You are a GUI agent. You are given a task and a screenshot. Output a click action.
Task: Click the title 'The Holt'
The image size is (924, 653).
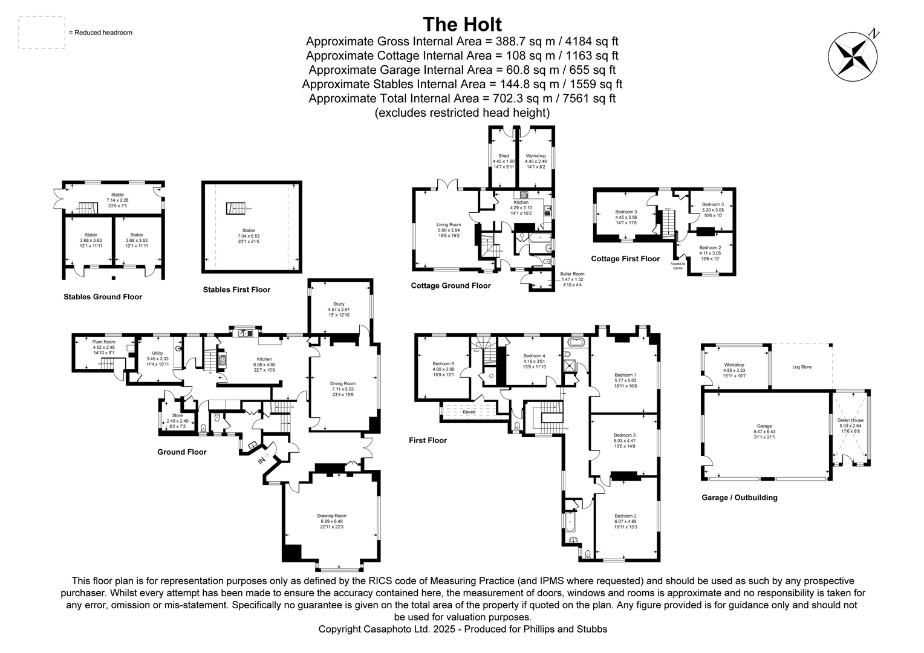point(462,24)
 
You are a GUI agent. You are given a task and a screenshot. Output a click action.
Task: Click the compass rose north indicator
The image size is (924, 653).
point(853,55)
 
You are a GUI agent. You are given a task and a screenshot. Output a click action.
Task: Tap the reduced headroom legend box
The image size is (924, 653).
point(42,33)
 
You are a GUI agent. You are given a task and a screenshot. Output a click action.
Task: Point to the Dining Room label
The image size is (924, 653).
point(342,383)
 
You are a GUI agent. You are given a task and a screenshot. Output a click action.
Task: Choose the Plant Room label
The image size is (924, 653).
point(103,342)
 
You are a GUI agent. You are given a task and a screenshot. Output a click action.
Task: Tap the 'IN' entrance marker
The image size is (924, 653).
point(262,461)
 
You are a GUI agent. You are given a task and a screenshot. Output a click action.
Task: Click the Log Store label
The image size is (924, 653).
point(802,367)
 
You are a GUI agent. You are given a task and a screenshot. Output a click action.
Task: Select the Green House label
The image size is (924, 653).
point(850,420)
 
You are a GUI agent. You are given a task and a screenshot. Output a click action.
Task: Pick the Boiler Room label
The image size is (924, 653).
point(571,274)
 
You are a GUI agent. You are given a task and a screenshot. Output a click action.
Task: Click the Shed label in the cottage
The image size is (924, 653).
point(503,156)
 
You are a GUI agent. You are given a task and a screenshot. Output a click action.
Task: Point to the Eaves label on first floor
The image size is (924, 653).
point(468,412)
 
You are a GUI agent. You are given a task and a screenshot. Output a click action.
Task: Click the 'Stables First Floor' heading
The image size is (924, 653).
point(236,290)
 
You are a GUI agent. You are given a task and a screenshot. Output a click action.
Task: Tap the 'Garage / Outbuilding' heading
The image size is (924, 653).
point(739,498)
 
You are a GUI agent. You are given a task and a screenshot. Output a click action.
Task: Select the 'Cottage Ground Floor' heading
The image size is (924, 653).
point(451,285)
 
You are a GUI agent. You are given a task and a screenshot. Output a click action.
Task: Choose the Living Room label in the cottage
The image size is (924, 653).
point(449,225)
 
